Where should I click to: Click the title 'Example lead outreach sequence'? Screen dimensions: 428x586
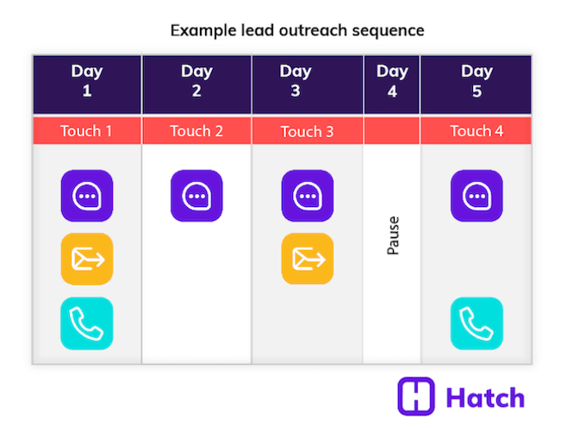pyautogui.click(x=296, y=30)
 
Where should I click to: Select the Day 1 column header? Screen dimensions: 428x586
pyautogui.click(x=86, y=81)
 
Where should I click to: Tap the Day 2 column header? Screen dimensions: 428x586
pyautogui.click(x=196, y=81)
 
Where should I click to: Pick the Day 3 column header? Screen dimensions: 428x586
pyautogui.click(x=307, y=81)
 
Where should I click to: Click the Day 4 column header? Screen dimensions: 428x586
pyautogui.click(x=392, y=81)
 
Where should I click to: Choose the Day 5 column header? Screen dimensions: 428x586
pyautogui.click(x=476, y=81)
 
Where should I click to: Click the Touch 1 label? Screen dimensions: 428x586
pyautogui.click(x=86, y=131)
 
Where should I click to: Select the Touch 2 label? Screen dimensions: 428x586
pyautogui.click(x=196, y=131)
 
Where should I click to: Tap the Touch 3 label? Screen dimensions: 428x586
pyautogui.click(x=307, y=132)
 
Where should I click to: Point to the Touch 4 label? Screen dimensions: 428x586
pyautogui.click(x=476, y=131)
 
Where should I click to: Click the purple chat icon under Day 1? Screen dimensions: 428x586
pyautogui.click(x=87, y=196)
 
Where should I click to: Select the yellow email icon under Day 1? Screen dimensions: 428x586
pyautogui.click(x=87, y=259)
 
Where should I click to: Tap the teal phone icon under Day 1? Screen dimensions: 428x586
pyautogui.click(x=87, y=323)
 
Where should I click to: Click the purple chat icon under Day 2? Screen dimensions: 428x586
pyautogui.click(x=196, y=196)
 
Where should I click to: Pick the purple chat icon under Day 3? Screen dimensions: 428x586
pyautogui.click(x=308, y=196)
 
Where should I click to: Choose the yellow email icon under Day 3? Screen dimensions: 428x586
pyautogui.click(x=308, y=259)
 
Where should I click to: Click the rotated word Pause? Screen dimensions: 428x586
pyautogui.click(x=393, y=236)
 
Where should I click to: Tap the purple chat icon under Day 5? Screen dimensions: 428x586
pyautogui.click(x=477, y=196)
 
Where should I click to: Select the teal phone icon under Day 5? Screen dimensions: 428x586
pyautogui.click(x=477, y=323)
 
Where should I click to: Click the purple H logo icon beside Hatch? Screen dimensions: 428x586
pyautogui.click(x=416, y=396)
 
